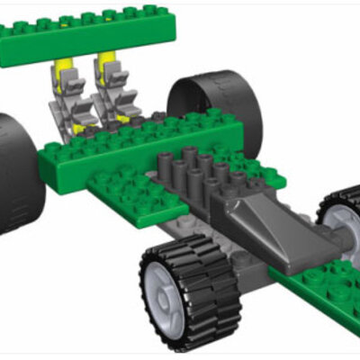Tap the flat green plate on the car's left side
coord(126,193)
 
